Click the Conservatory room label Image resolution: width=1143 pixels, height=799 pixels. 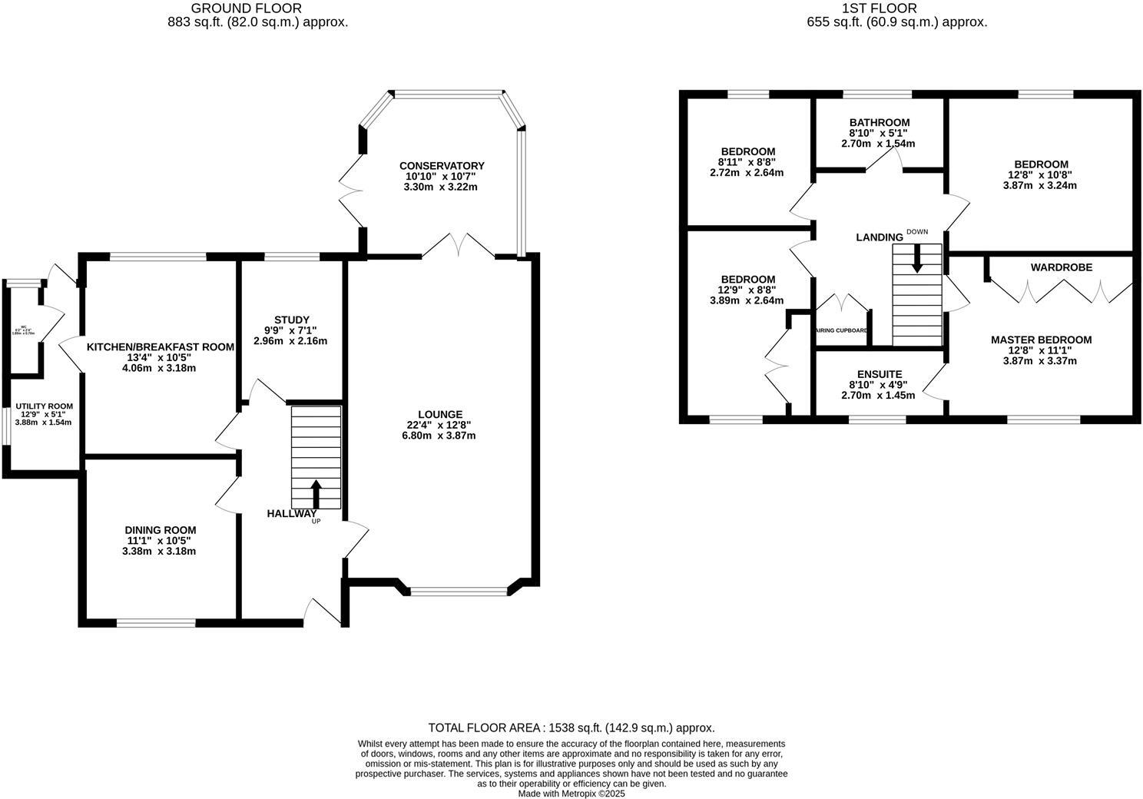click(x=442, y=166)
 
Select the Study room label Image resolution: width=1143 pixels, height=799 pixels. click(x=291, y=320)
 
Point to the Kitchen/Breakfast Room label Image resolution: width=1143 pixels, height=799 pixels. click(x=160, y=346)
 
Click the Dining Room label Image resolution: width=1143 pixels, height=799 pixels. click(x=161, y=530)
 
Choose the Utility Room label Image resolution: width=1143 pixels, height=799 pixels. click(x=45, y=406)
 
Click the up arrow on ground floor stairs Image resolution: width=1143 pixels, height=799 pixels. click(x=316, y=493)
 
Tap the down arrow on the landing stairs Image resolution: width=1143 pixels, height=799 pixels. click(x=916, y=259)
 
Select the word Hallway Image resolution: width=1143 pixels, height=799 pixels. click(x=291, y=513)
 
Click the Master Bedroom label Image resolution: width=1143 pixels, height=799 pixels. click(x=1041, y=340)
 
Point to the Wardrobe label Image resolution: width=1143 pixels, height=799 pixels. click(x=1061, y=267)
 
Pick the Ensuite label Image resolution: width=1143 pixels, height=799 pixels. click(x=880, y=374)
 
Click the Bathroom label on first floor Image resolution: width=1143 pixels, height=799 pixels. click(x=879, y=122)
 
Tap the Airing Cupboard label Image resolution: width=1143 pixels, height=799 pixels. click(x=842, y=331)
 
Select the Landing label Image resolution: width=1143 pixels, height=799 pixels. click(x=879, y=237)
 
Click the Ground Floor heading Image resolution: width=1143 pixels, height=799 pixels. click(x=257, y=8)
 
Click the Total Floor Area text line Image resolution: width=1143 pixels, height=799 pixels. click(x=571, y=728)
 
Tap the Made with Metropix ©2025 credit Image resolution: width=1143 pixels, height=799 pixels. click(x=571, y=794)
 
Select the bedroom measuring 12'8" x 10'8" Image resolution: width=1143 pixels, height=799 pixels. click(x=1040, y=164)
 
